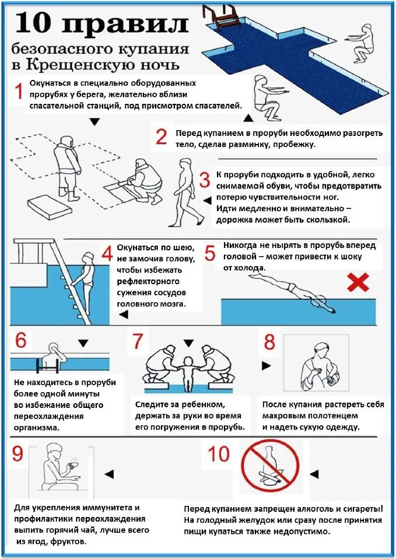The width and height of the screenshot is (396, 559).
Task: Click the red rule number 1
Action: pos(18,91)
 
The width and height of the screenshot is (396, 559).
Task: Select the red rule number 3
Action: pos(205,180)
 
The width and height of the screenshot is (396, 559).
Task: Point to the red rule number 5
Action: pos(210,253)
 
